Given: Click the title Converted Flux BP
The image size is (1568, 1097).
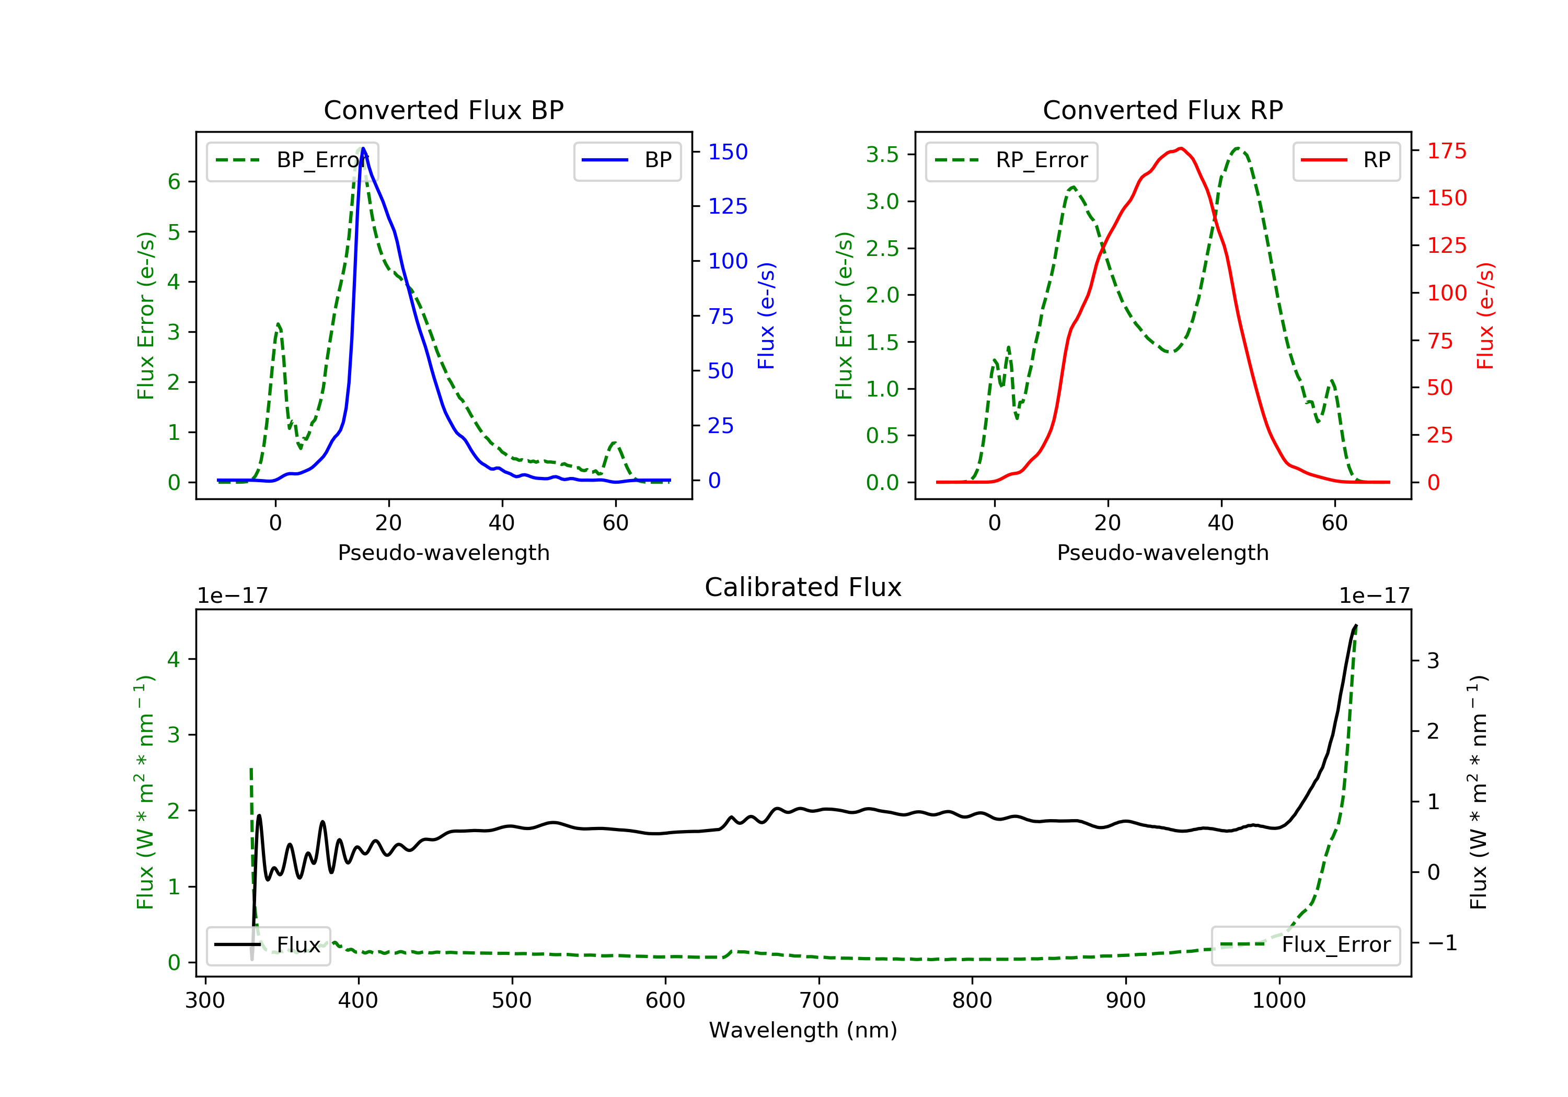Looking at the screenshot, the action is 443,110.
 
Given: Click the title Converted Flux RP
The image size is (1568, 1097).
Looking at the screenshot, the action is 1162,110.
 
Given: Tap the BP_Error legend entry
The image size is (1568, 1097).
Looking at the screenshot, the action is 292,160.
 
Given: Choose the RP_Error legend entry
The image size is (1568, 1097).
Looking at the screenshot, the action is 1011,160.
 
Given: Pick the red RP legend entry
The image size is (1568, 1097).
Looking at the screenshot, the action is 1345,160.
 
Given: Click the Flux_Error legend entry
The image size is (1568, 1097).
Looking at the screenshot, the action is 1305,945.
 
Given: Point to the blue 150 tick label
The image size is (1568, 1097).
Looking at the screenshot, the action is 728,151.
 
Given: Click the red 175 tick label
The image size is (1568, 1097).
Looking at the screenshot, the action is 1447,151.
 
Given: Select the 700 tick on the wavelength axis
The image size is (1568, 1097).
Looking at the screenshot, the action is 819,1001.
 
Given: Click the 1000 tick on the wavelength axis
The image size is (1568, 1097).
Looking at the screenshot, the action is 1279,1001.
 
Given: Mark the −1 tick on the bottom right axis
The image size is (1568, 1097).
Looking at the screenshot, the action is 1442,943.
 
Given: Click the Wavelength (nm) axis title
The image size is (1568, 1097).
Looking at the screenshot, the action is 803,1030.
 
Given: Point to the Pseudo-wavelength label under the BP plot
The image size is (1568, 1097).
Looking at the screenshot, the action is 444,553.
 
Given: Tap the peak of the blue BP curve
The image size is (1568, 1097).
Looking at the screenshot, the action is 363,148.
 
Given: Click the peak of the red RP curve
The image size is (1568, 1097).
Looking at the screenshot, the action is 1181,148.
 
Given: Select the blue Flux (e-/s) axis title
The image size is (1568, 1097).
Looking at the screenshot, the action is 766,316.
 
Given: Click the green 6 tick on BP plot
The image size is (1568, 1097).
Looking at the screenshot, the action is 174,182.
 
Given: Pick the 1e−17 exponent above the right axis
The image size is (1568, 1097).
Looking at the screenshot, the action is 1374,596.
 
